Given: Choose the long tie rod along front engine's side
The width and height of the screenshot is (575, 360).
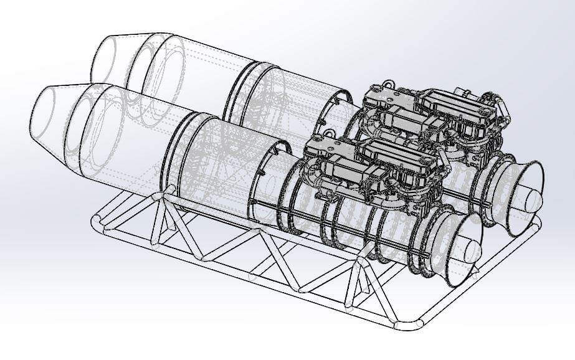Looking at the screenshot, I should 349,234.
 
